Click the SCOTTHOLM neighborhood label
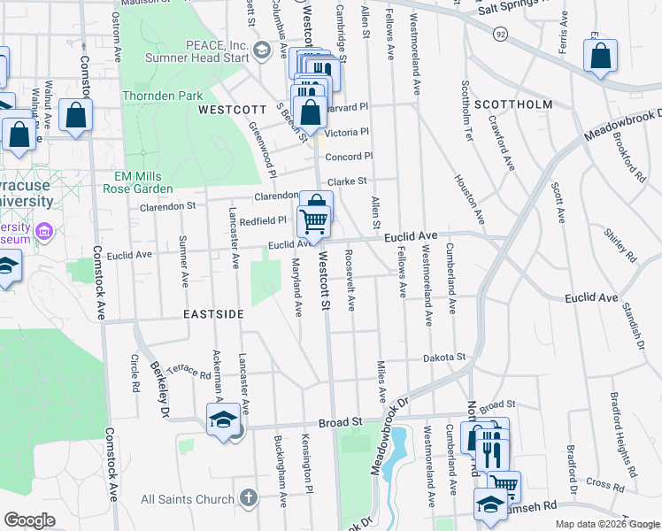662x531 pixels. (x=513, y=104)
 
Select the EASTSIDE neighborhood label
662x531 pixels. (x=213, y=314)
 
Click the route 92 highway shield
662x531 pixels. (x=500, y=34)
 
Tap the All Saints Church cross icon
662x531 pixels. (x=249, y=496)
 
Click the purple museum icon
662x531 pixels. (x=43, y=232)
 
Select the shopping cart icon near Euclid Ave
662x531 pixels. (x=314, y=221)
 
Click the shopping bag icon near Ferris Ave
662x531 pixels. (x=600, y=57)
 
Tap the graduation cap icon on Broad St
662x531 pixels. (x=224, y=421)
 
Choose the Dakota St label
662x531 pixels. (x=443, y=357)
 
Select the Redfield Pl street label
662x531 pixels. (x=263, y=220)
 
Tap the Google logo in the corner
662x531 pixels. (x=28, y=520)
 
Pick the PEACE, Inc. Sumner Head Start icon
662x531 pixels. (x=260, y=50)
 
